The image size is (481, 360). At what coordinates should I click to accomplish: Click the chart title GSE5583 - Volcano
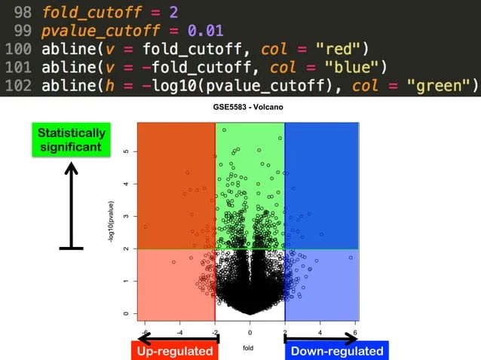[249, 106]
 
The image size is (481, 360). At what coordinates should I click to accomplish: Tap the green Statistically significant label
[72, 140]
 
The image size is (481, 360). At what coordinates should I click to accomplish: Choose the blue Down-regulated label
[336, 351]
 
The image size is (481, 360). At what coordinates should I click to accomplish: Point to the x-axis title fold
[249, 349]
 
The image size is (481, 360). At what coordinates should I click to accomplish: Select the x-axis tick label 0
[250, 331]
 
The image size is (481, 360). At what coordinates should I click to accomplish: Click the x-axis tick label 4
[320, 331]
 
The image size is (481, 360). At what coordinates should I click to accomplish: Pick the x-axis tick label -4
[179, 331]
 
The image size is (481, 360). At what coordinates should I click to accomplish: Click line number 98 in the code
[22, 13]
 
